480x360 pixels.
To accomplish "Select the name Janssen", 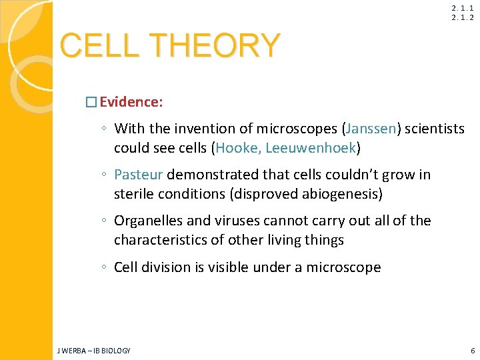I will pos(369,129).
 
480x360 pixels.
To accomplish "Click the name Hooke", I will pos(236,147).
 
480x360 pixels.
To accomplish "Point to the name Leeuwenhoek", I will pos(311,147).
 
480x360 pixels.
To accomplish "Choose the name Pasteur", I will pos(138,175).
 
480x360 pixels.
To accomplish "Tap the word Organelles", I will pos(148,221).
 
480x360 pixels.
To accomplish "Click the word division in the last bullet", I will pos(167,267).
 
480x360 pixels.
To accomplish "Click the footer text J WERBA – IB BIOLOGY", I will pos(94,351).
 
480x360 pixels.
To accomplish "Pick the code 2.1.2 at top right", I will pos(462,17).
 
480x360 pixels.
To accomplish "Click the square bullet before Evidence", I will pos(91,103).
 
